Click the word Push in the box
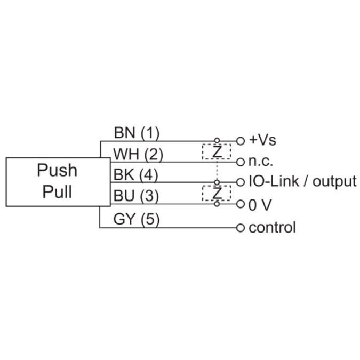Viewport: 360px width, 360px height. point(57,171)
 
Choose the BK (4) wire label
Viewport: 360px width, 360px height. point(136,175)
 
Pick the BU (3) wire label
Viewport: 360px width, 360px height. point(136,196)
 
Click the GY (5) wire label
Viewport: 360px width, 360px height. point(137,219)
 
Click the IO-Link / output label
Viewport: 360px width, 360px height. point(302,182)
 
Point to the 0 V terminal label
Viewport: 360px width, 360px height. point(260,204)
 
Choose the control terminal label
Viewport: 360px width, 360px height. point(272,228)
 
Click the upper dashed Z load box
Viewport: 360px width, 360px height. point(217,151)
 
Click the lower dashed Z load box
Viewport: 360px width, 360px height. point(217,193)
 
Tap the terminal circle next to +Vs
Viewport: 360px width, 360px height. point(241,141)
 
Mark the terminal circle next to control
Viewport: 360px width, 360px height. point(241,228)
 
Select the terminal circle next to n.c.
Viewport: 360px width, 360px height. point(241,162)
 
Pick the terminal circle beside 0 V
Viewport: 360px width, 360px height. point(241,204)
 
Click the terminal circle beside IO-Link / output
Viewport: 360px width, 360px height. point(241,182)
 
